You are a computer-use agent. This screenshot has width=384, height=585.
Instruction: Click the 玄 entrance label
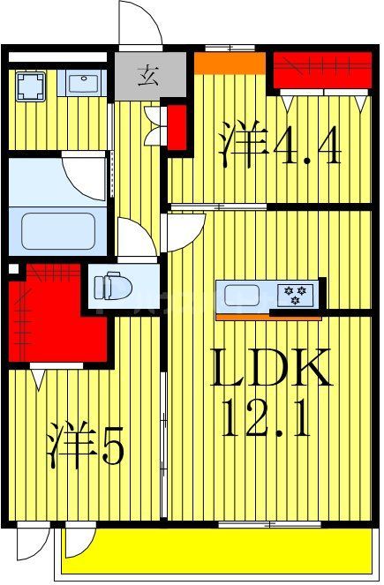point(148,73)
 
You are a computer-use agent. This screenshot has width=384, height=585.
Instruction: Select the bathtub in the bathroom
point(58,231)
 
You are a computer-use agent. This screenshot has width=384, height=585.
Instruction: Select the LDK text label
point(270,369)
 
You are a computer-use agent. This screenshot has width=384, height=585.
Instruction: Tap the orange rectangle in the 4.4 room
point(230,64)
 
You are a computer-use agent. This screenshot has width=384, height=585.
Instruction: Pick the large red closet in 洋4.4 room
point(320,71)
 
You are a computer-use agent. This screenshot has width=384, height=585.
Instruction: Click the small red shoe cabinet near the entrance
point(177,126)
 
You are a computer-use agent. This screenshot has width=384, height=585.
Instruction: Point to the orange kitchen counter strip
point(256,315)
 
